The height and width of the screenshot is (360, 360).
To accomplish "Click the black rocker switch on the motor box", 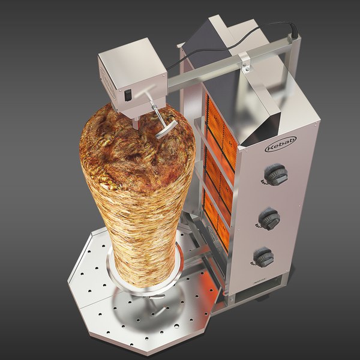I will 127,94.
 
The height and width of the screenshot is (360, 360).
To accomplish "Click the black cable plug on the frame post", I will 295,28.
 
